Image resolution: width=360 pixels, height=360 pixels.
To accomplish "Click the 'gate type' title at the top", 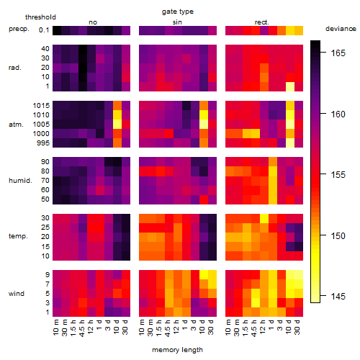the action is [178, 12].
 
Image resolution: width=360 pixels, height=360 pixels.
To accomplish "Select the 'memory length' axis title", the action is [177, 350].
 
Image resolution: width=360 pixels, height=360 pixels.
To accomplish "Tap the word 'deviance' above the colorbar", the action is [341, 29].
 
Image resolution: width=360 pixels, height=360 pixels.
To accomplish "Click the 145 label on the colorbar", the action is [338, 297].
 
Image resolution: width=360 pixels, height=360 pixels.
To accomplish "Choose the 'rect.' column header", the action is [261, 22].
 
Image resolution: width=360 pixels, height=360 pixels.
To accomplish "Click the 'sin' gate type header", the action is [177, 22].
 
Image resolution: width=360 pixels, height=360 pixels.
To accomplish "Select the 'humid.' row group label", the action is [20, 181].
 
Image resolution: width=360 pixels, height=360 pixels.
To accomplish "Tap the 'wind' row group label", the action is [17, 294].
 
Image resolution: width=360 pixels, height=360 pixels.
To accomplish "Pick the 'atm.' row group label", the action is [16, 125].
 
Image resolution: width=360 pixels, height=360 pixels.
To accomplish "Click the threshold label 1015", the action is [41, 106].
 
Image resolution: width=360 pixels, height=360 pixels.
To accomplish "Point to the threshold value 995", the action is [43, 143].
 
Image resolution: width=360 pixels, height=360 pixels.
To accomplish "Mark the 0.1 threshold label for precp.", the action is [44, 30].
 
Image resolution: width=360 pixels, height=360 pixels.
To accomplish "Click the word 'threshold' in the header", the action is [40, 17].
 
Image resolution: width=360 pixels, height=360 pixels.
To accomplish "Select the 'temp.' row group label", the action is [18, 236].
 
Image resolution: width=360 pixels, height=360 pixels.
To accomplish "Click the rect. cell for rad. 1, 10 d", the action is [290, 86].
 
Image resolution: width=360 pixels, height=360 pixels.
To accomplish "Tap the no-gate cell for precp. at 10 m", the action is [57, 30].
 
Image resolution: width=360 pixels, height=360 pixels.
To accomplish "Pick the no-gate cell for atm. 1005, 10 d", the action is [117, 125].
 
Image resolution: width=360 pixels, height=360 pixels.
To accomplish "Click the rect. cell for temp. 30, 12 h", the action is [264, 218].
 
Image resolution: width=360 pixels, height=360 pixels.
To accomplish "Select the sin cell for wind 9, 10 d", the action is [204, 275].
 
